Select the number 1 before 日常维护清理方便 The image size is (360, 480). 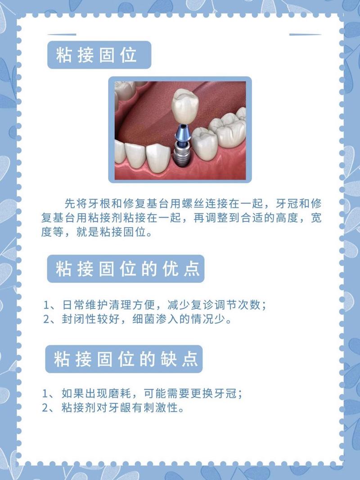[x=47, y=305]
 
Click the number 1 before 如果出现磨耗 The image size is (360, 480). [x=45, y=394]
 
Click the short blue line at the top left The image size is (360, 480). [x=62, y=34]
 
